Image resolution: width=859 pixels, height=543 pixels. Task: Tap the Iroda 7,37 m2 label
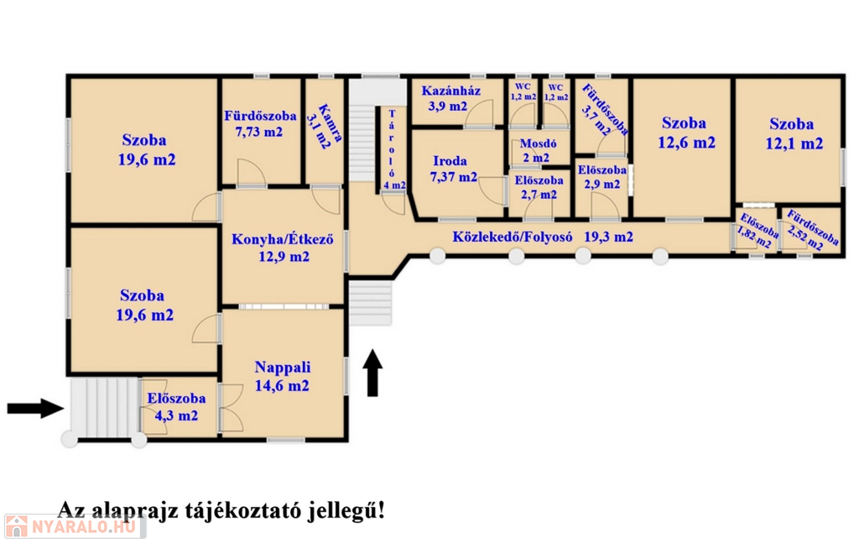(454, 169)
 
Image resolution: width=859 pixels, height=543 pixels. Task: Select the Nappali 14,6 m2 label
(282, 377)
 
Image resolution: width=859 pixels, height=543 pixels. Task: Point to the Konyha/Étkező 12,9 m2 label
(283, 248)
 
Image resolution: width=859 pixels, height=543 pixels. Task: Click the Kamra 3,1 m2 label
(323, 127)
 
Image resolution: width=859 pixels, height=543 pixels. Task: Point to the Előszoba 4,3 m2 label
(172, 406)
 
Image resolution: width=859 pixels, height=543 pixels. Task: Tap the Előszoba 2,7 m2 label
(538, 187)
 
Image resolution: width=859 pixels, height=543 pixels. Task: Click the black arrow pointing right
(35, 409)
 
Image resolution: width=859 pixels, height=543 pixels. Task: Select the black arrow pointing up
(373, 374)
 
